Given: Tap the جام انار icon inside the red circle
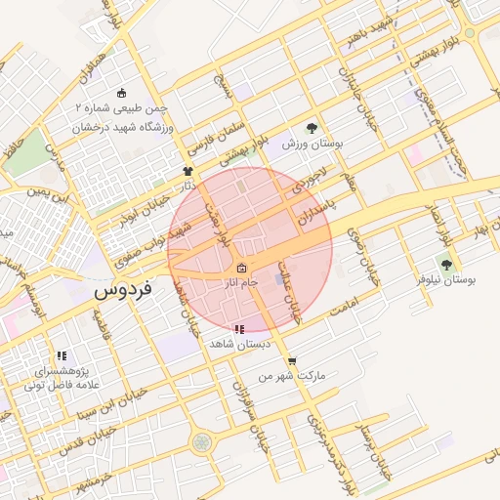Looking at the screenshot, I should point(241,270).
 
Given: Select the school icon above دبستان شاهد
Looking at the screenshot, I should point(239,330).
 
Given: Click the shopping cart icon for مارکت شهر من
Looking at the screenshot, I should point(292,361).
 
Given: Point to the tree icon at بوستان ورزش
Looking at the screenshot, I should point(312,128).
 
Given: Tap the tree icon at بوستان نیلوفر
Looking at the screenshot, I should point(446,265).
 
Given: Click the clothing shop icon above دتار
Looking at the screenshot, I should point(187,171).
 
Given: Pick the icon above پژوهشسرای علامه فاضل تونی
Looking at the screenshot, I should point(62,356).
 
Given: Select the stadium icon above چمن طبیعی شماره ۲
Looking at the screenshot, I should point(121,94).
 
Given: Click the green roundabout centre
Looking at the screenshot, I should point(202,442).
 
